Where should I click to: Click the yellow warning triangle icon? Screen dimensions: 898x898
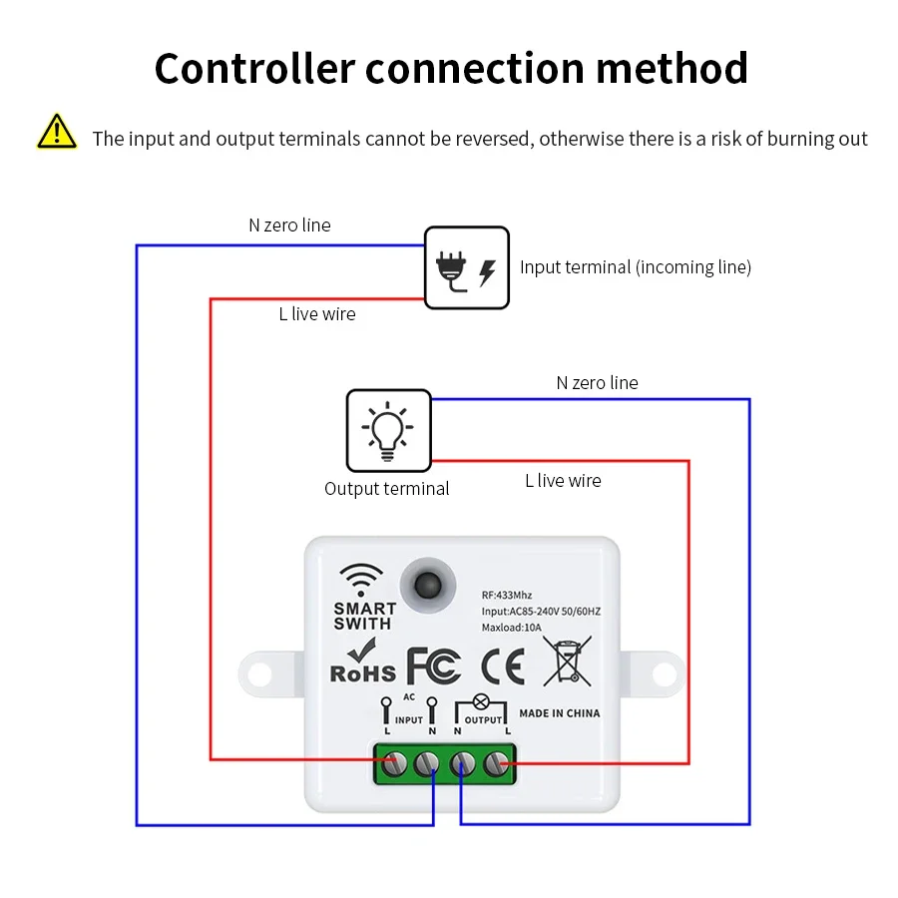pos(57,133)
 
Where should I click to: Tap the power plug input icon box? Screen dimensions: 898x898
pos(466,267)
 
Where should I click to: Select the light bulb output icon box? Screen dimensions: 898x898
pos(388,430)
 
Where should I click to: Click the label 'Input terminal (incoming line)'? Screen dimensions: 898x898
pos(635,267)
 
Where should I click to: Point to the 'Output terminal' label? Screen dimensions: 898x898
pos(386,489)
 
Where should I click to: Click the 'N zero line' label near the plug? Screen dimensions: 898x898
pos(289,225)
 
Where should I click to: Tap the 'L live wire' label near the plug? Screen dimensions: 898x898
pos(316,314)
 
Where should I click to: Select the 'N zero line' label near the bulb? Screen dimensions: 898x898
pos(597,383)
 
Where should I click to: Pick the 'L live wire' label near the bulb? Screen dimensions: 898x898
pos(563,481)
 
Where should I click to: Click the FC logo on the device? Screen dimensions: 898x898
pos(434,667)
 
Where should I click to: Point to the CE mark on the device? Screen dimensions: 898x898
pos(502,667)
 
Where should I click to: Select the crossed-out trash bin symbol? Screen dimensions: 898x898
pos(567,663)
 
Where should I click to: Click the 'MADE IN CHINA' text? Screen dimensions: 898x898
pos(560,713)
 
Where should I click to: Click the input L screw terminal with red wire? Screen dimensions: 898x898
pos(396,764)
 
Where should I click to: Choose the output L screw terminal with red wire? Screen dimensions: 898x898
pos(495,764)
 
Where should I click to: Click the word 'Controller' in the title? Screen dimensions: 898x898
pos(254,68)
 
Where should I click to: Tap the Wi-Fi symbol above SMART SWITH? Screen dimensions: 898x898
pos(361,580)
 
